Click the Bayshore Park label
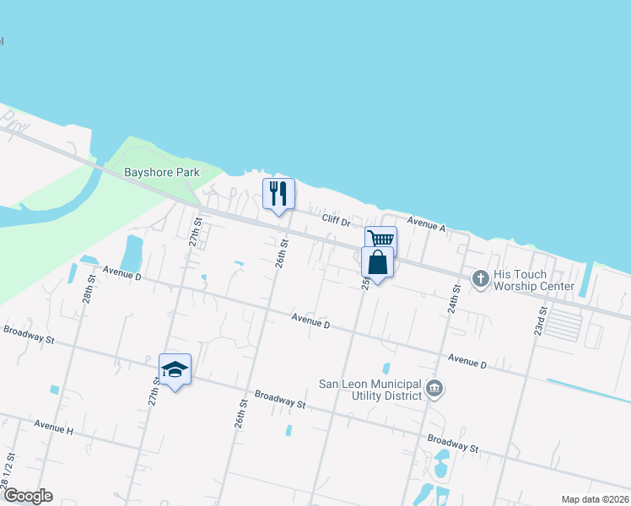[162, 172]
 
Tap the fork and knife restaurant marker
[278, 194]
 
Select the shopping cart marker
[380, 239]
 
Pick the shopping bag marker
[377, 262]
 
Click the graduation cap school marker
[175, 369]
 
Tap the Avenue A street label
[425, 224]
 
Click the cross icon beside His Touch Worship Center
[481, 279]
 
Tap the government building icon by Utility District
[434, 389]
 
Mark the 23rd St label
[540, 321]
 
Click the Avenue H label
[54, 429]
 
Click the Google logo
[28, 496]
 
